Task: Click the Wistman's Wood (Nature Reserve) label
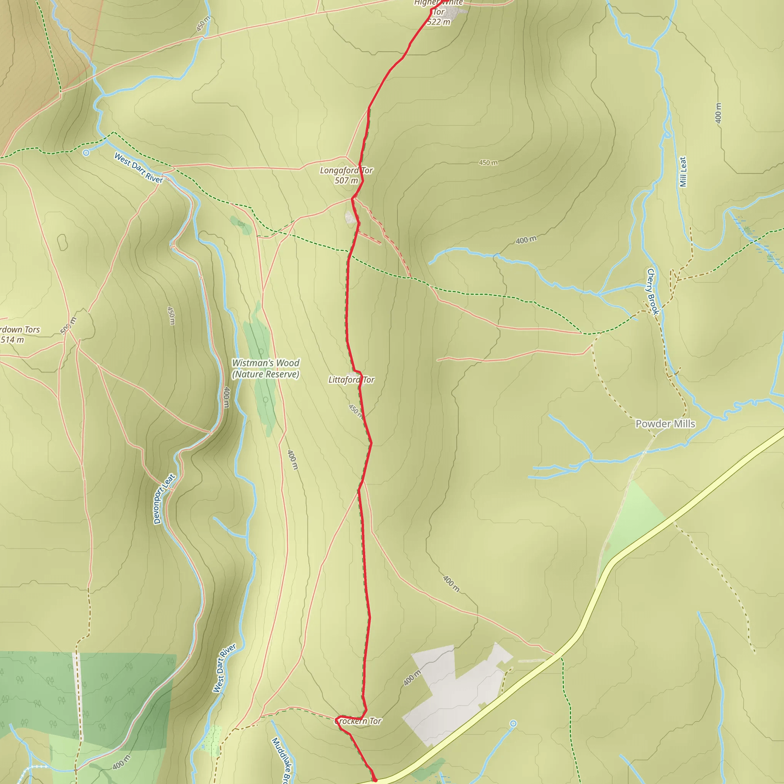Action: [265, 369]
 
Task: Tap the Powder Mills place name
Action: [665, 424]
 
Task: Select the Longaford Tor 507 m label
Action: [346, 175]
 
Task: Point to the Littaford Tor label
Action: [351, 379]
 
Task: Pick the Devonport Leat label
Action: [164, 499]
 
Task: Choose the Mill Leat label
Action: [683, 171]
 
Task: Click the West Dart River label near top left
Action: [138, 168]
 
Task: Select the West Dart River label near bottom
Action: [224, 668]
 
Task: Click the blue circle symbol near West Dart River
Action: [86, 153]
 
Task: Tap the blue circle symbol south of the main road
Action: [513, 724]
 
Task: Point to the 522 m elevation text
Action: [439, 22]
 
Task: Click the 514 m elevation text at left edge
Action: [12, 340]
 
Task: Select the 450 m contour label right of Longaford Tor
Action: [488, 163]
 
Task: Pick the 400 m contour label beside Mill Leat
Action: [718, 113]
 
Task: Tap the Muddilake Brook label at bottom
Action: [282, 759]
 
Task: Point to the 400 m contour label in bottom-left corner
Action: [122, 762]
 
